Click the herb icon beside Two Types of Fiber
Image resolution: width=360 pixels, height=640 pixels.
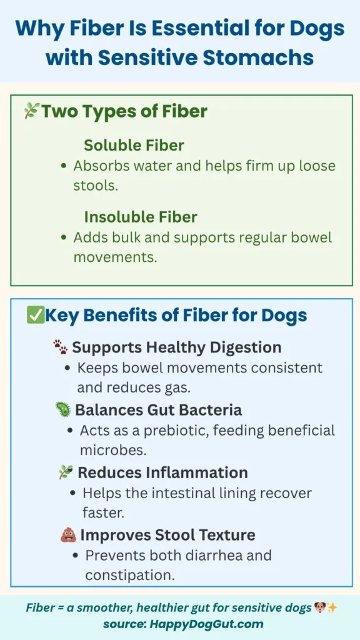[x=31, y=111]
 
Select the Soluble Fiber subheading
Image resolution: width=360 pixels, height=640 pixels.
[x=134, y=146]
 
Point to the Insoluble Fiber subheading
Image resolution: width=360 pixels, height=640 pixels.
[x=141, y=217]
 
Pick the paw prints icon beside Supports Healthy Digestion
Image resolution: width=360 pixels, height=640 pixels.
[x=61, y=347]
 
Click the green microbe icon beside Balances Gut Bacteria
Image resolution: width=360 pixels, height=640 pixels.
[x=63, y=410]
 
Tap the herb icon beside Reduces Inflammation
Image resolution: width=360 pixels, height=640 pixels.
[x=66, y=472]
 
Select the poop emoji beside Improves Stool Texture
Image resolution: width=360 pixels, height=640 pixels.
[x=68, y=535]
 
